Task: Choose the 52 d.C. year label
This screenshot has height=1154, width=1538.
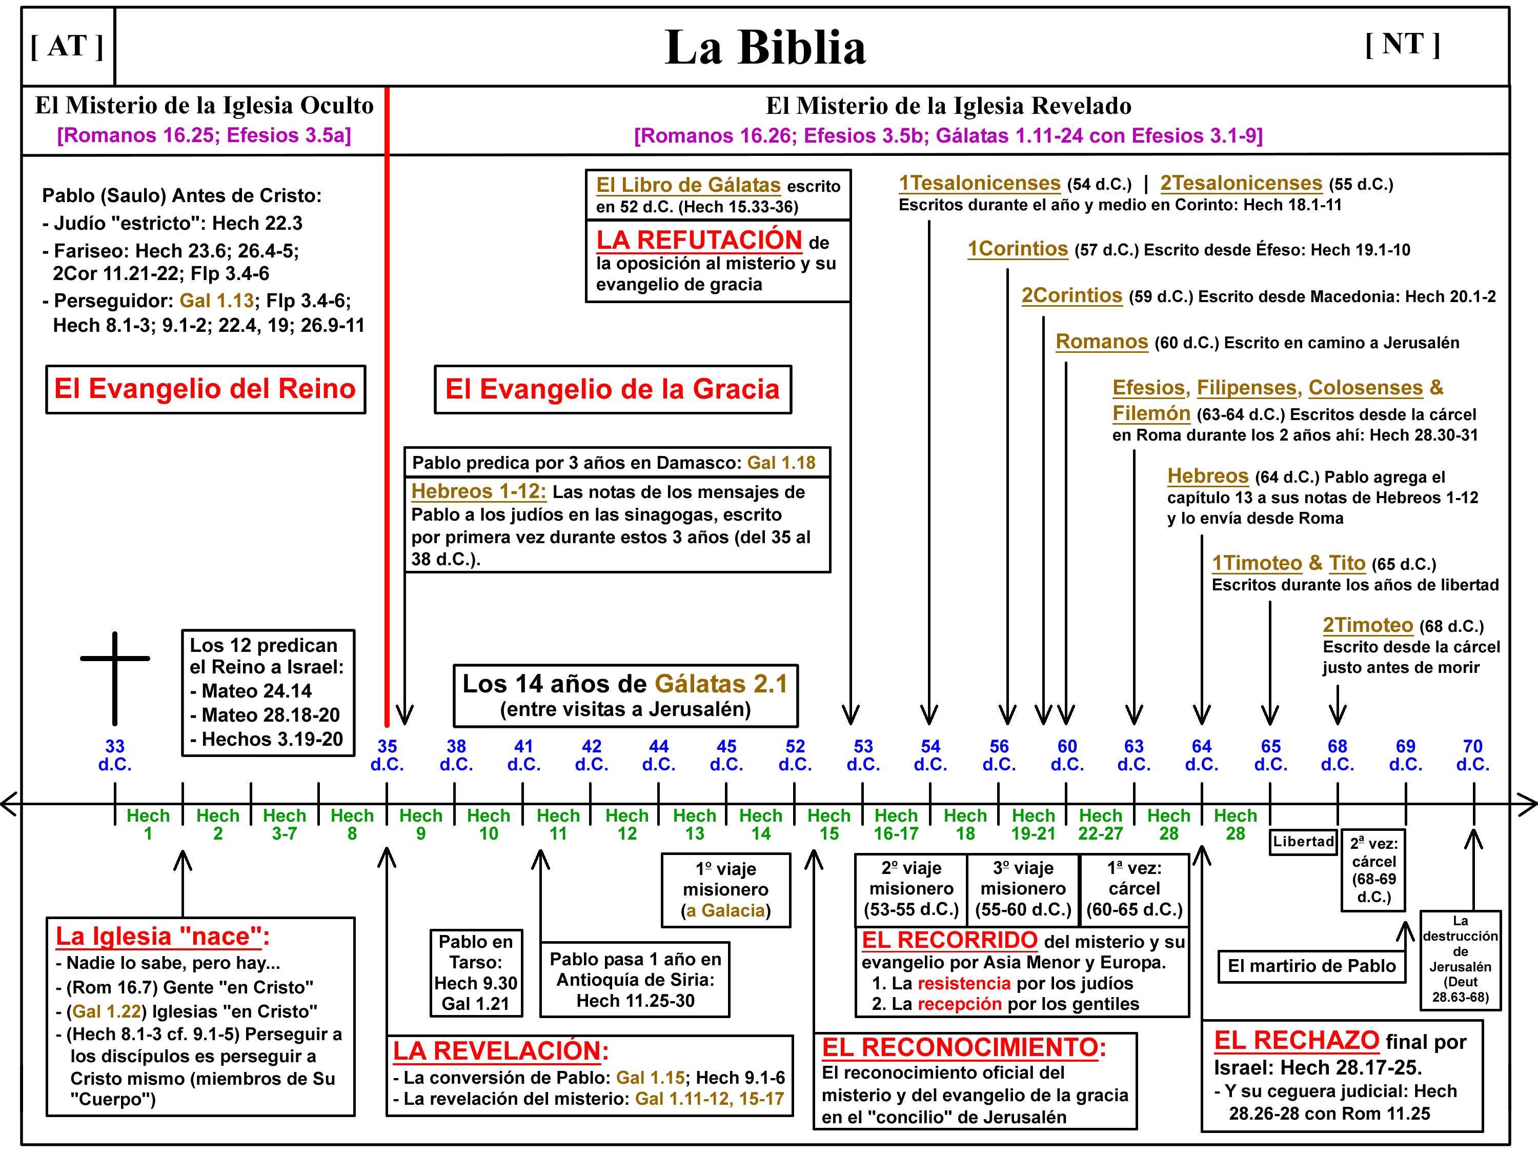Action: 795,755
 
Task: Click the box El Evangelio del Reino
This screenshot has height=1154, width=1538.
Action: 205,389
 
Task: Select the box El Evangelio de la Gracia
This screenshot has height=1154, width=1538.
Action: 613,389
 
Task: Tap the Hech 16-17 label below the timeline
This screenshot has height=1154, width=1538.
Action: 896,824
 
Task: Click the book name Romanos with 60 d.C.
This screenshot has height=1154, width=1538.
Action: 1101,342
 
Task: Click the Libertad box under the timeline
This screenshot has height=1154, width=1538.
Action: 1303,842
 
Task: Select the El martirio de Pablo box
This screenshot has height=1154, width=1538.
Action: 1311,965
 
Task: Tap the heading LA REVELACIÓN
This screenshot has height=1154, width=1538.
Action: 500,1050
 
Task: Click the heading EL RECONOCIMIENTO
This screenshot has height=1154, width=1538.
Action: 963,1047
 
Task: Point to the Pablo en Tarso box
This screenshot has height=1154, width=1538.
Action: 476,972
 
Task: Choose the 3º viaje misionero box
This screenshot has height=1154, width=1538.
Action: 1023,888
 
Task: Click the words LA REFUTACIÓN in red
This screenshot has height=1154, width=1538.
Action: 699,240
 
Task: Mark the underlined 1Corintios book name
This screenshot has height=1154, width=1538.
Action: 1017,249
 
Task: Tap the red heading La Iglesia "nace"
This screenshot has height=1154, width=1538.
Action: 162,936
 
